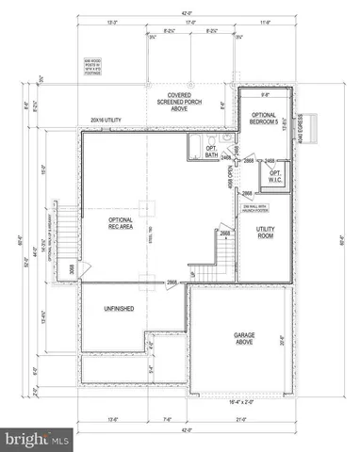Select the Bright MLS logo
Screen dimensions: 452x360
[x=35, y=439]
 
